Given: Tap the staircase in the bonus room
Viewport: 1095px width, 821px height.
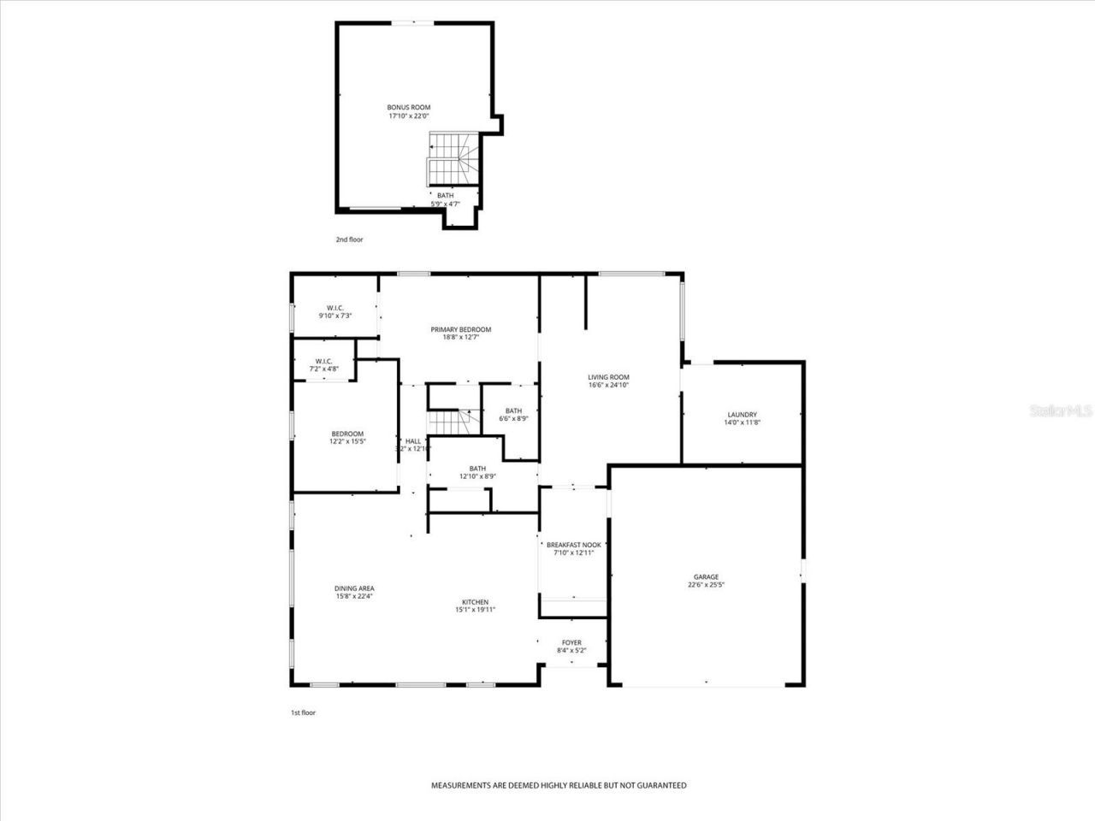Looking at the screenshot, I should click(x=453, y=160).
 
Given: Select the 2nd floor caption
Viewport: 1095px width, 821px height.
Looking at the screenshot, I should click(x=349, y=239).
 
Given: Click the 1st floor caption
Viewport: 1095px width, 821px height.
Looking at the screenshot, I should click(x=303, y=712).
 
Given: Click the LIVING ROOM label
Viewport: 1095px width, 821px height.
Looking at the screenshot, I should click(x=608, y=377).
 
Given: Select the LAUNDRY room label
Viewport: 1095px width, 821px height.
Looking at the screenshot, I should click(x=742, y=415).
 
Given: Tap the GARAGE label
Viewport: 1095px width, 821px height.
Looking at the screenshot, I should click(x=706, y=577).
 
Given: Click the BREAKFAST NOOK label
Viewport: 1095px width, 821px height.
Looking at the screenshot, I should click(x=574, y=545).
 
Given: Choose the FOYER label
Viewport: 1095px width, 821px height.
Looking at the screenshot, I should click(x=571, y=643).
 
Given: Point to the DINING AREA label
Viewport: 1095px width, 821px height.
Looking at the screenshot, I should click(x=353, y=588).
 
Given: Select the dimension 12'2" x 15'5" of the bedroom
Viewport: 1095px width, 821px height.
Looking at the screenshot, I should click(x=347, y=442).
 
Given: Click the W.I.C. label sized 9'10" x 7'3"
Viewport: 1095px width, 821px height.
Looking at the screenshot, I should click(x=334, y=308).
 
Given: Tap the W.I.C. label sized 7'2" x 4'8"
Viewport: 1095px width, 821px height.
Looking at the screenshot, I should click(x=323, y=361).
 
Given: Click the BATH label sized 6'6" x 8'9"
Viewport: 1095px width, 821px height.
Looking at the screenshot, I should click(x=513, y=410).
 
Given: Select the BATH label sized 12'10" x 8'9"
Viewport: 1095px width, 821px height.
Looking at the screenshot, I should click(x=477, y=469).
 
